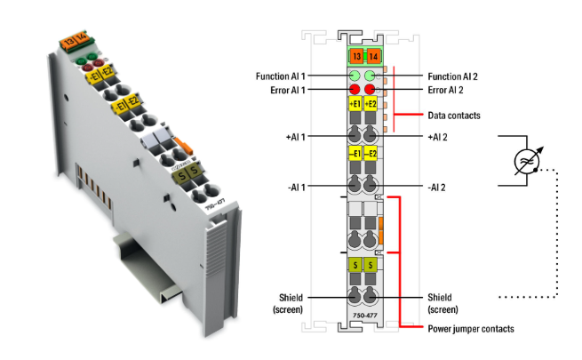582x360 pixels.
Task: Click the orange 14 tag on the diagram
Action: click(x=373, y=56)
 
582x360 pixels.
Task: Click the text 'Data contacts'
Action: click(x=453, y=116)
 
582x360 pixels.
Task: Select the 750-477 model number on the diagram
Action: click(x=363, y=315)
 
